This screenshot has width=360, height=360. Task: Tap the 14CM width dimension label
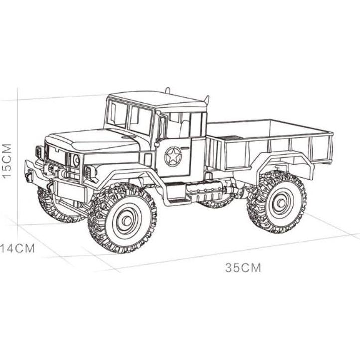pos(18,248)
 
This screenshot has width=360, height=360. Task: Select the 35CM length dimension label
pos(243,267)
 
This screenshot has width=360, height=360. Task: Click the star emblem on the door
pos(173,156)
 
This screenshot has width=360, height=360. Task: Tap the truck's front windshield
pos(131,118)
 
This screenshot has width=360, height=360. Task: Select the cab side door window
pos(177,125)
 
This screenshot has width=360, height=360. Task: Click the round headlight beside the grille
pos(76,160)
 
